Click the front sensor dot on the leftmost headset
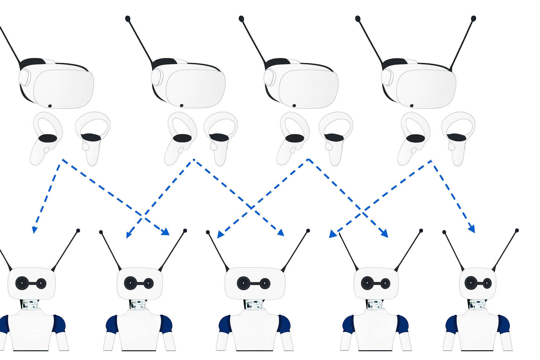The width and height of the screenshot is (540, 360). point(50,106)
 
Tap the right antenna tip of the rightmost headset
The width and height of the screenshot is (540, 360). point(473,18)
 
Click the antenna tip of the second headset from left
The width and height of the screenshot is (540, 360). point(128,18)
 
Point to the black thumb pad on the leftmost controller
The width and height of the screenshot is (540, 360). point(47,138)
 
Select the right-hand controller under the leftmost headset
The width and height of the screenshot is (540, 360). point(92,137)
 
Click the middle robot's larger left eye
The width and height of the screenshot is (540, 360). point(244,283)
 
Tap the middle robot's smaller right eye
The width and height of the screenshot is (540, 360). point(265,283)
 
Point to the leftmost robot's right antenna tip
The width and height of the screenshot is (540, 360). point(78,231)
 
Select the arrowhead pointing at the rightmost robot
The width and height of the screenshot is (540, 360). point(472,229)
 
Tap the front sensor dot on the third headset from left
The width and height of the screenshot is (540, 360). point(294,105)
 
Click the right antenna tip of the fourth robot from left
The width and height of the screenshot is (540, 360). point(421,231)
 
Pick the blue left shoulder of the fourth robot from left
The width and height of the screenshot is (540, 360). point(348,323)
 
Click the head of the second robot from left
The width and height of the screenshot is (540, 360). point(140,283)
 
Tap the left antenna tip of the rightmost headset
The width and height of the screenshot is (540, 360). point(358,18)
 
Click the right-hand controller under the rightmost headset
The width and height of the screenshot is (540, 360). point(458,137)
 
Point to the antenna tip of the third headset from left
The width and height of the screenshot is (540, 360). point(241,18)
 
